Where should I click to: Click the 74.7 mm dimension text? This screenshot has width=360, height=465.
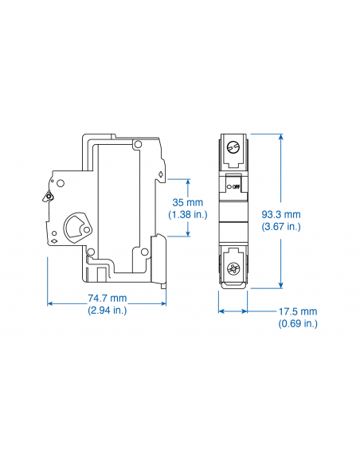click(107, 298)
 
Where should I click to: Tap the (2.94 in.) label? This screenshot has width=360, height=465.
click(107, 310)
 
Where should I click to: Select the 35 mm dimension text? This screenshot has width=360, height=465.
click(188, 202)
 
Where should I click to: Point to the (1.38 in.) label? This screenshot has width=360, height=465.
click(188, 214)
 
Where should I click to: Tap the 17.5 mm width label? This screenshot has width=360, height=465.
click(299, 311)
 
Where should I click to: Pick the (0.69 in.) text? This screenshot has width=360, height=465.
click(299, 323)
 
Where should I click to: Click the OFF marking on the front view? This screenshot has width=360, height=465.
click(237, 187)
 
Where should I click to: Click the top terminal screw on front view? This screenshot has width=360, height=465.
click(233, 148)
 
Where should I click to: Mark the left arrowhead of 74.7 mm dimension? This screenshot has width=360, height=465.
click(51, 303)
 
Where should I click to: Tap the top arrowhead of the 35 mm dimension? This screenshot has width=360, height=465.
click(188, 179)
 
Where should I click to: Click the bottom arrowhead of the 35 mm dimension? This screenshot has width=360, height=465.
click(188, 235)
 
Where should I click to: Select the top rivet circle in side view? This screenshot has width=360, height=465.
click(139, 144)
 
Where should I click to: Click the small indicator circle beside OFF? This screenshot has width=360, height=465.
click(229, 187)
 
